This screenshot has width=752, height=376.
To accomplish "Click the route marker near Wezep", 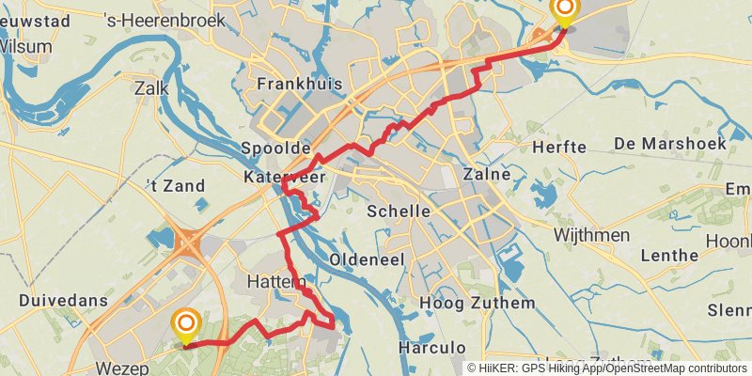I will (186, 325).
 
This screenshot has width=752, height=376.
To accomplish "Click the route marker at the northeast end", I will (565, 10).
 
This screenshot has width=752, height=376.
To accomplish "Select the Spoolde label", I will (275, 149).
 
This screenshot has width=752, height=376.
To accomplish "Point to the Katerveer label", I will (284, 176).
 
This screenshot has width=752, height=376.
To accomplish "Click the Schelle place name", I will (399, 211).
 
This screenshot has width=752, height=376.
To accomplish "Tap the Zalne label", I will (487, 174).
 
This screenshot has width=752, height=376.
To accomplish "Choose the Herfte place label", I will (559, 148).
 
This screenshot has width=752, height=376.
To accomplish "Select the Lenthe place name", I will (668, 255).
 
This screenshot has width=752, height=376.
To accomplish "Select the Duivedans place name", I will (63, 301).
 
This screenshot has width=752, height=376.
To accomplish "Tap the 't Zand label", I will (176, 186).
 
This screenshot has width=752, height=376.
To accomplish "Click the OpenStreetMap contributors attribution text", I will (669, 368).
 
